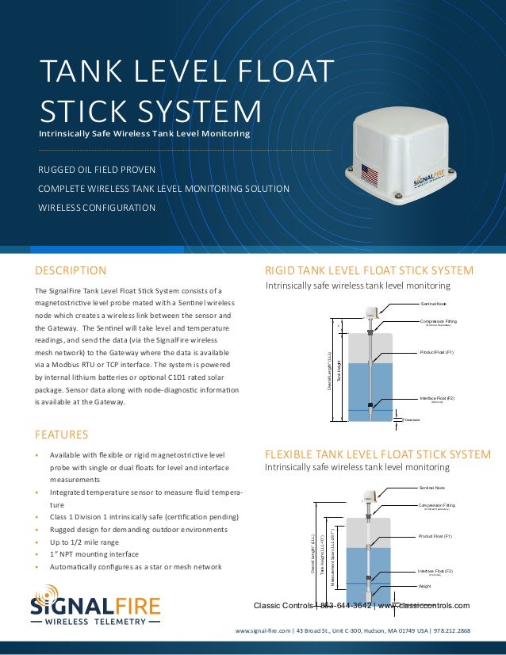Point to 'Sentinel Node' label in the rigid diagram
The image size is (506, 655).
click(433, 304)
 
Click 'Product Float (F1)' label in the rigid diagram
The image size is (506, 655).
click(438, 350)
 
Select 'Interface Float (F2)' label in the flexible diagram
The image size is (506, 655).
click(435, 571)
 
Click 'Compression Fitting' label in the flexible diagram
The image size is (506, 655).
click(436, 504)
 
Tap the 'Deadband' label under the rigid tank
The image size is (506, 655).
click(412, 419)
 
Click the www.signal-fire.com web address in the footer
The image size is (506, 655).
click(263, 632)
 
